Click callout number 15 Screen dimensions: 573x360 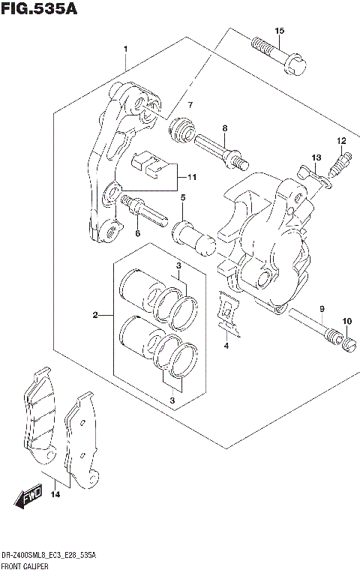(279, 31)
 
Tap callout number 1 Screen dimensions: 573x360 (126, 49)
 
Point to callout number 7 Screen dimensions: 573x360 (190, 104)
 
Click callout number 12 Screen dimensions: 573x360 (340, 140)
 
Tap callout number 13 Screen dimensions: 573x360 (316, 157)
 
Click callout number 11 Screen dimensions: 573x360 (191, 178)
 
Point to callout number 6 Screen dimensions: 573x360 (137, 233)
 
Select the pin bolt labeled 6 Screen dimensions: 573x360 (142, 210)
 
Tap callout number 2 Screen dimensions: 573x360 (96, 315)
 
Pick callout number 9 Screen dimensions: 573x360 (321, 309)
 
